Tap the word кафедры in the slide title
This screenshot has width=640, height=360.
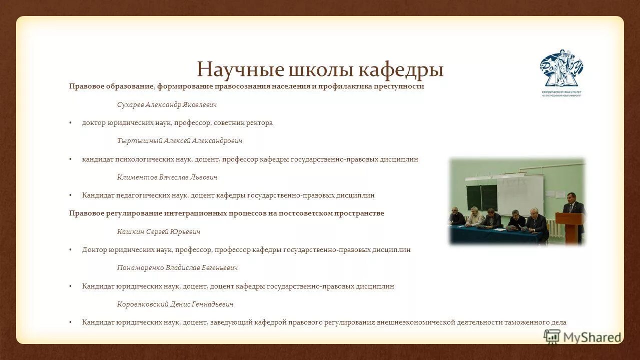pos(401,69)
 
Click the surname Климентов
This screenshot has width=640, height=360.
pos(137,177)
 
